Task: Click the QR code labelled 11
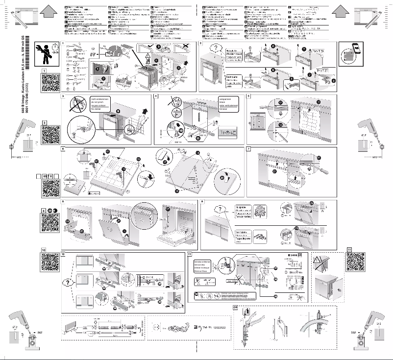[x=357, y=263]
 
